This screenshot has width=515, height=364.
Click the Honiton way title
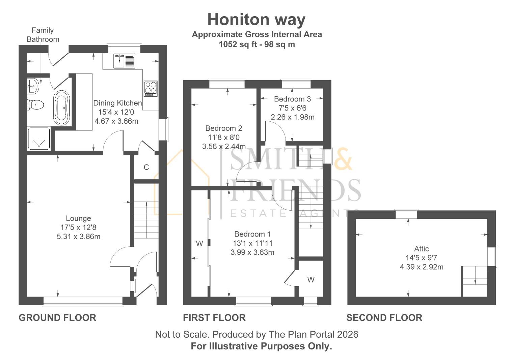tap(256, 20)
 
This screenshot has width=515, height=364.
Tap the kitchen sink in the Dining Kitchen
tap(124, 61)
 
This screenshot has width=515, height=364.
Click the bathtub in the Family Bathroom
tap(61, 107)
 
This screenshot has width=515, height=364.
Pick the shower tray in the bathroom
tap(38, 138)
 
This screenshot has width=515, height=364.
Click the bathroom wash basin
tap(33, 86)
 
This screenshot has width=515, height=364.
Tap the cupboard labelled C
tap(146, 167)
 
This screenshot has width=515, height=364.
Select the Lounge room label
tap(78, 218)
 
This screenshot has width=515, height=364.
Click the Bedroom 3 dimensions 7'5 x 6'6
tap(292, 108)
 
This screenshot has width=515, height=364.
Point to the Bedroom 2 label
tap(223, 128)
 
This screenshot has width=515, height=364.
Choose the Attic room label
tap(421, 249)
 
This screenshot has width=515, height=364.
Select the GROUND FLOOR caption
tap(57, 317)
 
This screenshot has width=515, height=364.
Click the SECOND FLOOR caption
tap(384, 317)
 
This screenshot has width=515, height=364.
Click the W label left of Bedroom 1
tap(199, 243)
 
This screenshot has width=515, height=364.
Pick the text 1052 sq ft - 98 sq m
tap(256, 44)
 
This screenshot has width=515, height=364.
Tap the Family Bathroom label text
tap(43, 35)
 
